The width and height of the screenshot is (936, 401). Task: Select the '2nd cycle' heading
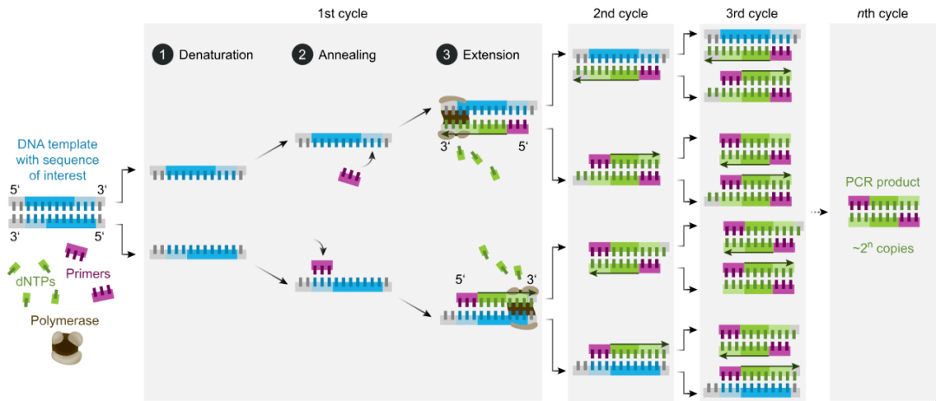[620, 14]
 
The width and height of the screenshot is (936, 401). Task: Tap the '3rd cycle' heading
[751, 14]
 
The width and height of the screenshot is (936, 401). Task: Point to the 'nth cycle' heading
[881, 14]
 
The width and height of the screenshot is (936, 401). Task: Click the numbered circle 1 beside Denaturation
[160, 55]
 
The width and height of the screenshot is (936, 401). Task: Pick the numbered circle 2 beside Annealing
[302, 55]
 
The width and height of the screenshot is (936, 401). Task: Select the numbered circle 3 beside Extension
[446, 55]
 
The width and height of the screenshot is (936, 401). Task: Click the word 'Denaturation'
[216, 55]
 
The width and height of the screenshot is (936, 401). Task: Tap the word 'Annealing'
[347, 55]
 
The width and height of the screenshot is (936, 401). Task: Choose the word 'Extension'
[491, 55]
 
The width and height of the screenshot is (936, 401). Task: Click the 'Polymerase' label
[65, 320]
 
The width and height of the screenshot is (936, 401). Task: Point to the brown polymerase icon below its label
[65, 351]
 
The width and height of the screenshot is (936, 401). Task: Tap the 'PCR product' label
[882, 183]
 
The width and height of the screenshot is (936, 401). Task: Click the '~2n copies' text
[882, 248]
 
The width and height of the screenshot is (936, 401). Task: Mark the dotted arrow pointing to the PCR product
[817, 212]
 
